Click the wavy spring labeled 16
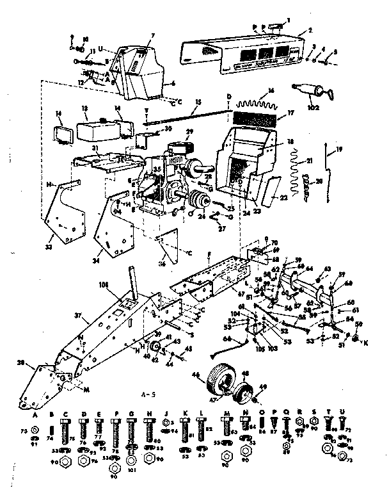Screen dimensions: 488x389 (x=255, y=103)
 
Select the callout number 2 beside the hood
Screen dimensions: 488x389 (x=309, y=31)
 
